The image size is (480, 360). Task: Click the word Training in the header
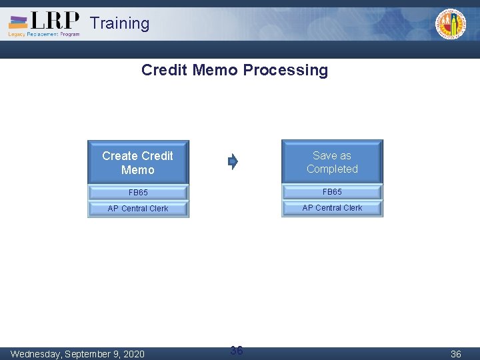tap(119, 23)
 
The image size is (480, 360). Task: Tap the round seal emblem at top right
tap(451, 24)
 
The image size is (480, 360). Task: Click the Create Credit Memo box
tap(138, 163)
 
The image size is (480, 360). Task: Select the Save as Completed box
tap(332, 162)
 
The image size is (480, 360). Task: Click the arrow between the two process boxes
tap(233, 161)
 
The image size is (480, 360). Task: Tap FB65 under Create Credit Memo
tap(138, 193)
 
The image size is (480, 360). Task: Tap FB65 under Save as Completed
tap(332, 192)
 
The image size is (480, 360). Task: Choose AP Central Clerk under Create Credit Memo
tap(138, 209)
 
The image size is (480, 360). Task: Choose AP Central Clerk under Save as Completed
tap(332, 208)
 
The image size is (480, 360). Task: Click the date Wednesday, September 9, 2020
tap(77, 353)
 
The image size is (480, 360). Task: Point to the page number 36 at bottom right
tap(456, 354)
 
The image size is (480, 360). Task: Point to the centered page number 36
tap(236, 351)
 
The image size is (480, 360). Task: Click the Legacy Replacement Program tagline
tap(43, 34)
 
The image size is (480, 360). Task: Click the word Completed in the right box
tap(332, 169)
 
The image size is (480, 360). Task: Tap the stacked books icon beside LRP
tap(19, 22)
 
